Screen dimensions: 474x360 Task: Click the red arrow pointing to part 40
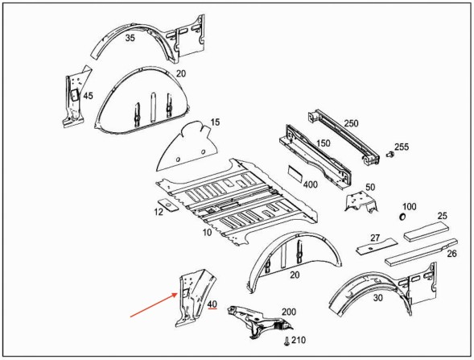tap(154, 305)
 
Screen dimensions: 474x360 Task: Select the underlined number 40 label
tap(212, 304)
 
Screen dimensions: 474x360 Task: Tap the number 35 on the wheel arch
tap(130, 38)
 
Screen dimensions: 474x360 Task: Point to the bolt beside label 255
tap(390, 155)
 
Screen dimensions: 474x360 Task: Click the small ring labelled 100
tap(402, 217)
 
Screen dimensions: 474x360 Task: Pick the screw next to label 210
tap(286, 341)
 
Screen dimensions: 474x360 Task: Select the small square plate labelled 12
tap(168, 205)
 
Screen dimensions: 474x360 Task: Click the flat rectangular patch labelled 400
tap(295, 173)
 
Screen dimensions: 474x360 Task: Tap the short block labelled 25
tap(427, 231)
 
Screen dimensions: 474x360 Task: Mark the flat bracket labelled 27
tap(377, 246)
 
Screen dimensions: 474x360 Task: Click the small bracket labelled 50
tap(361, 202)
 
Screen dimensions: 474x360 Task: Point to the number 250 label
tap(351, 123)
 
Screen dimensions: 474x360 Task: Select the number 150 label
tap(324, 143)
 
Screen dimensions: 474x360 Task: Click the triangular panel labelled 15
tap(187, 147)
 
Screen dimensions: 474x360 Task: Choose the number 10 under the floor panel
tap(207, 233)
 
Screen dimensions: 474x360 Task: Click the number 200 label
tap(289, 312)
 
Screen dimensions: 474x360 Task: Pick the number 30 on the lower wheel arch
tap(378, 298)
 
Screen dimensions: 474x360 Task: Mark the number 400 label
tap(310, 184)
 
